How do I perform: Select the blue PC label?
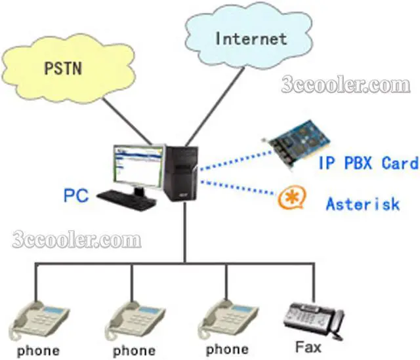pyautogui.click(x=77, y=195)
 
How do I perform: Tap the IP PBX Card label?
pyautogui.click(x=367, y=163)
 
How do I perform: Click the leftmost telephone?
pyautogui.click(x=39, y=317)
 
